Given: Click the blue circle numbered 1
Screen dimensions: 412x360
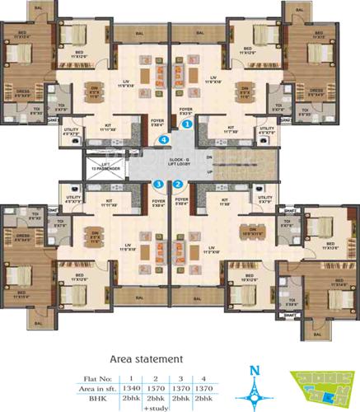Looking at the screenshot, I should (188, 124).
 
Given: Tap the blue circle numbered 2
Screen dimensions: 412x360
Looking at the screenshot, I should (177, 185).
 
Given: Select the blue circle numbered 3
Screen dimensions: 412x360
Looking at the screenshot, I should (158, 185).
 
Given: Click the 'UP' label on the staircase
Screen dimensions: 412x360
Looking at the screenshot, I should (210, 174).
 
